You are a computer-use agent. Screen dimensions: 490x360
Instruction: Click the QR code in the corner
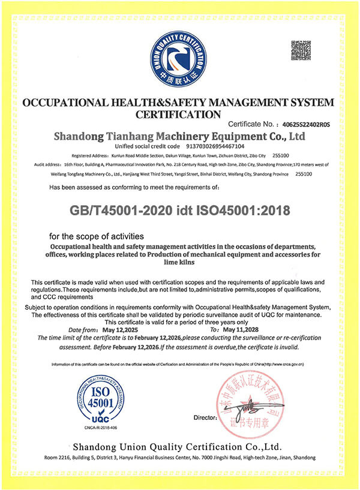point(301,50)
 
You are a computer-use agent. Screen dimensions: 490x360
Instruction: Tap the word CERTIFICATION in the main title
point(178,113)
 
